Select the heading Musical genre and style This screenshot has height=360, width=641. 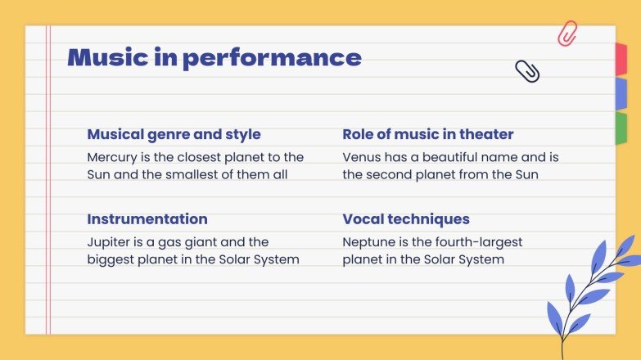(x=174, y=134)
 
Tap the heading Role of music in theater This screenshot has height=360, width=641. (x=428, y=134)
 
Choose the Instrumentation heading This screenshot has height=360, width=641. (x=147, y=219)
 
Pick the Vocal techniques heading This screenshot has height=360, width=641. (x=406, y=219)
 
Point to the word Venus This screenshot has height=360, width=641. (x=362, y=156)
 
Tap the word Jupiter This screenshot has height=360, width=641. (x=109, y=242)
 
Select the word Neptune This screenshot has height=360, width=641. (x=370, y=242)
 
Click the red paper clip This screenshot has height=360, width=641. (x=567, y=34)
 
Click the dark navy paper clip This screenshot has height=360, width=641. (x=527, y=71)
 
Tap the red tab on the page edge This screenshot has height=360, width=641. (x=621, y=57)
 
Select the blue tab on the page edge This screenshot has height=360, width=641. (x=621, y=92)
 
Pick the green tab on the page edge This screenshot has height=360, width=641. (x=621, y=128)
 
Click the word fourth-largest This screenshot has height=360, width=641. (x=474, y=242)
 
